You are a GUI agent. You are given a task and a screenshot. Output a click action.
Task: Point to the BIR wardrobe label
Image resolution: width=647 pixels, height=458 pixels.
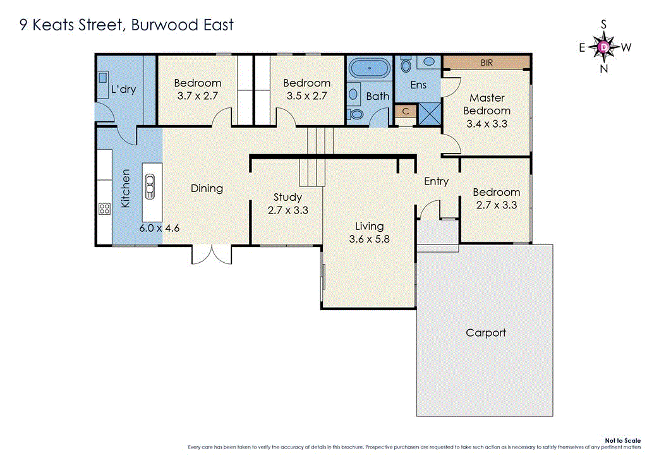click(x=486, y=63)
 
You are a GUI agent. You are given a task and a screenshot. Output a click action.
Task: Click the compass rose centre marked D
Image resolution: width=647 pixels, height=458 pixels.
click(x=604, y=46)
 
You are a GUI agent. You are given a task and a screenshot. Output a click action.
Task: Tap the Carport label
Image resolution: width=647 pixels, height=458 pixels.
click(x=485, y=332)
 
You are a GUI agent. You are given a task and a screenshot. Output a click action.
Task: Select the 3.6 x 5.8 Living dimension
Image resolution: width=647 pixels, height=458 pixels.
click(x=369, y=239)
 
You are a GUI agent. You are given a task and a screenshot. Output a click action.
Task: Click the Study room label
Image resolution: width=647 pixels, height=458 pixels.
click(x=287, y=197)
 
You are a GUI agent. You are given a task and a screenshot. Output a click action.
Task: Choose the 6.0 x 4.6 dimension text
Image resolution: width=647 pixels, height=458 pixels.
click(x=160, y=227)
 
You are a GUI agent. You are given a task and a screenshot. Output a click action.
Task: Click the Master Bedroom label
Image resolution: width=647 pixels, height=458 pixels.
click(x=487, y=104)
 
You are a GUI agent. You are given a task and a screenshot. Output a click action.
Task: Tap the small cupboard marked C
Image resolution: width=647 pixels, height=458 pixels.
click(x=406, y=111)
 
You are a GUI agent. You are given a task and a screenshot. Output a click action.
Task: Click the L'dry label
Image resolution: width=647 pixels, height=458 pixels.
click(x=123, y=89)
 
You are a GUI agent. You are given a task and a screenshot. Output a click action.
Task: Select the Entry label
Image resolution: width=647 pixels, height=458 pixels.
click(x=436, y=181)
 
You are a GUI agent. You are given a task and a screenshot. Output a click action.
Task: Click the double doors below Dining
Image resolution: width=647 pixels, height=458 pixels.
click(x=212, y=254)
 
